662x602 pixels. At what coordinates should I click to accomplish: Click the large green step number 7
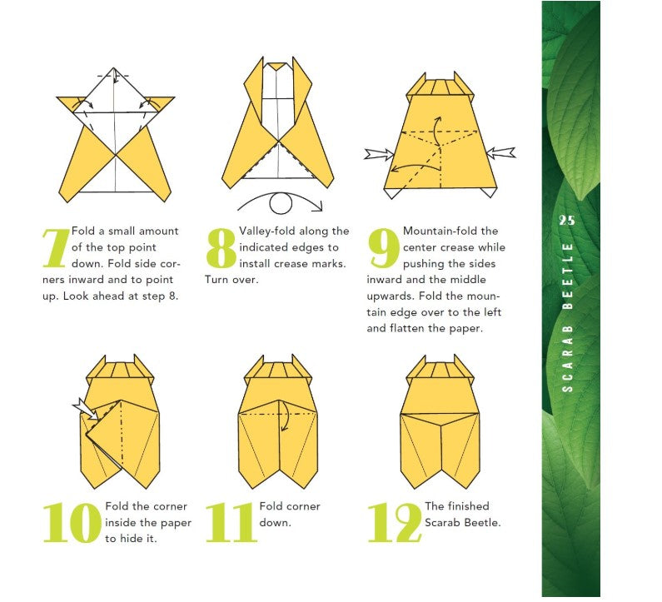(56, 248)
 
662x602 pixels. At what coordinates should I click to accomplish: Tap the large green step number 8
(221, 248)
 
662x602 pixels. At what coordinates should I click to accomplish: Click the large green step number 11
(231, 523)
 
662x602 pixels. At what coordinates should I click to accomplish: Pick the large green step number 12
(396, 523)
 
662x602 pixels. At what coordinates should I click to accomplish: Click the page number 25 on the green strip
(567, 221)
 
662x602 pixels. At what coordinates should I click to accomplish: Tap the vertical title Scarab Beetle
(568, 317)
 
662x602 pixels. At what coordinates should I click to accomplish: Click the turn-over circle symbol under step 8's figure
(281, 203)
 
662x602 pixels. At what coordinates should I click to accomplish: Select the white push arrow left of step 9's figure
(379, 154)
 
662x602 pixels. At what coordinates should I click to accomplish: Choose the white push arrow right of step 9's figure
(501, 153)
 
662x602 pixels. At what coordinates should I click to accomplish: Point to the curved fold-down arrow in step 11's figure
(286, 416)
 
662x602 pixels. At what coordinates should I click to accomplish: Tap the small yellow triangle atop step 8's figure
(276, 67)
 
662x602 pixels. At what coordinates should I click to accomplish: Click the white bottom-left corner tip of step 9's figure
(391, 193)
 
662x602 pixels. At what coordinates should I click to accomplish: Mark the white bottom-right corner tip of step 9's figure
(490, 192)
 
